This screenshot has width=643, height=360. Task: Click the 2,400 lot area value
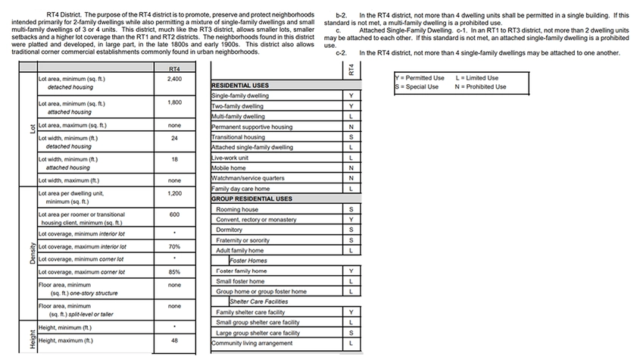click(174, 79)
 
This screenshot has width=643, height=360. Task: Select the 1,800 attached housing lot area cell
click(174, 102)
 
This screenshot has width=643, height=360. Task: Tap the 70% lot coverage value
click(174, 246)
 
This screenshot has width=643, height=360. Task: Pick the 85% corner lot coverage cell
click(174, 271)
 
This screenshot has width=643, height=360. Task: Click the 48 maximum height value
click(174, 340)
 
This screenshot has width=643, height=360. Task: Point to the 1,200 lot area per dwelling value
click(174, 193)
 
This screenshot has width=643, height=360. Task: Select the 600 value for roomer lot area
click(174, 214)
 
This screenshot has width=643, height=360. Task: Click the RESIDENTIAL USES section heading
click(240, 86)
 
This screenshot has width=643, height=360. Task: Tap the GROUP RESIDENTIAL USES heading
click(251, 199)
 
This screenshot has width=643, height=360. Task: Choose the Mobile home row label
click(229, 167)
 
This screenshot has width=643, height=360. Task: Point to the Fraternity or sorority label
click(244, 240)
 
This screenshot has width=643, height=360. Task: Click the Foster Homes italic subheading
click(249, 260)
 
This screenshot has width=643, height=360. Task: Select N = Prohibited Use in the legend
click(481, 86)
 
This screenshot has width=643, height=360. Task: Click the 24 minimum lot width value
click(174, 138)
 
